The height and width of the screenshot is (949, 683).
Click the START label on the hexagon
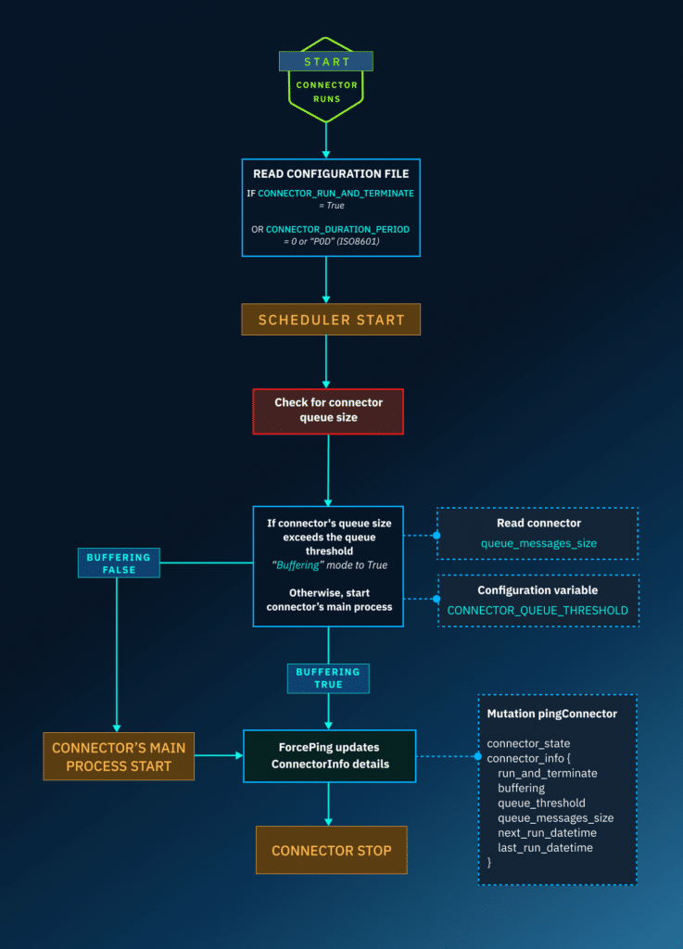click(x=326, y=61)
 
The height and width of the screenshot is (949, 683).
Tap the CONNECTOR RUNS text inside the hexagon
click(x=326, y=91)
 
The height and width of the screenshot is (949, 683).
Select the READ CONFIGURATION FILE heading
click(x=331, y=173)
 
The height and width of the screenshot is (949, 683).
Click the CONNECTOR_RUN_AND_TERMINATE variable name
click(x=335, y=193)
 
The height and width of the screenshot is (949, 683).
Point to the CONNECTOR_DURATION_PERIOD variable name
click(x=337, y=228)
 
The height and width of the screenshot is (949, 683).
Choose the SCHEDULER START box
click(x=331, y=320)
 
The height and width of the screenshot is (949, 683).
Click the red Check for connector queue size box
click(x=328, y=411)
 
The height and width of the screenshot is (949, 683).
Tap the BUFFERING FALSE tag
click(x=118, y=563)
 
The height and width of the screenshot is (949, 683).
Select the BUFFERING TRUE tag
click(x=327, y=677)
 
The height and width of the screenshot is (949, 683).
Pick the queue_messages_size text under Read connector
click(x=538, y=542)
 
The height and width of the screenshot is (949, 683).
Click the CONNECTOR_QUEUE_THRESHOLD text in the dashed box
click(x=538, y=610)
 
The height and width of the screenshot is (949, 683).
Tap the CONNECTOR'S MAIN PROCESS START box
click(x=119, y=755)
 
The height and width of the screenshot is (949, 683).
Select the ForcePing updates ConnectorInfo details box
click(x=328, y=755)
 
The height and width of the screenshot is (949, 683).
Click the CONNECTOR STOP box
click(x=331, y=850)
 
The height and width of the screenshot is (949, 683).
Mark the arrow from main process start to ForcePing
click(x=219, y=755)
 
